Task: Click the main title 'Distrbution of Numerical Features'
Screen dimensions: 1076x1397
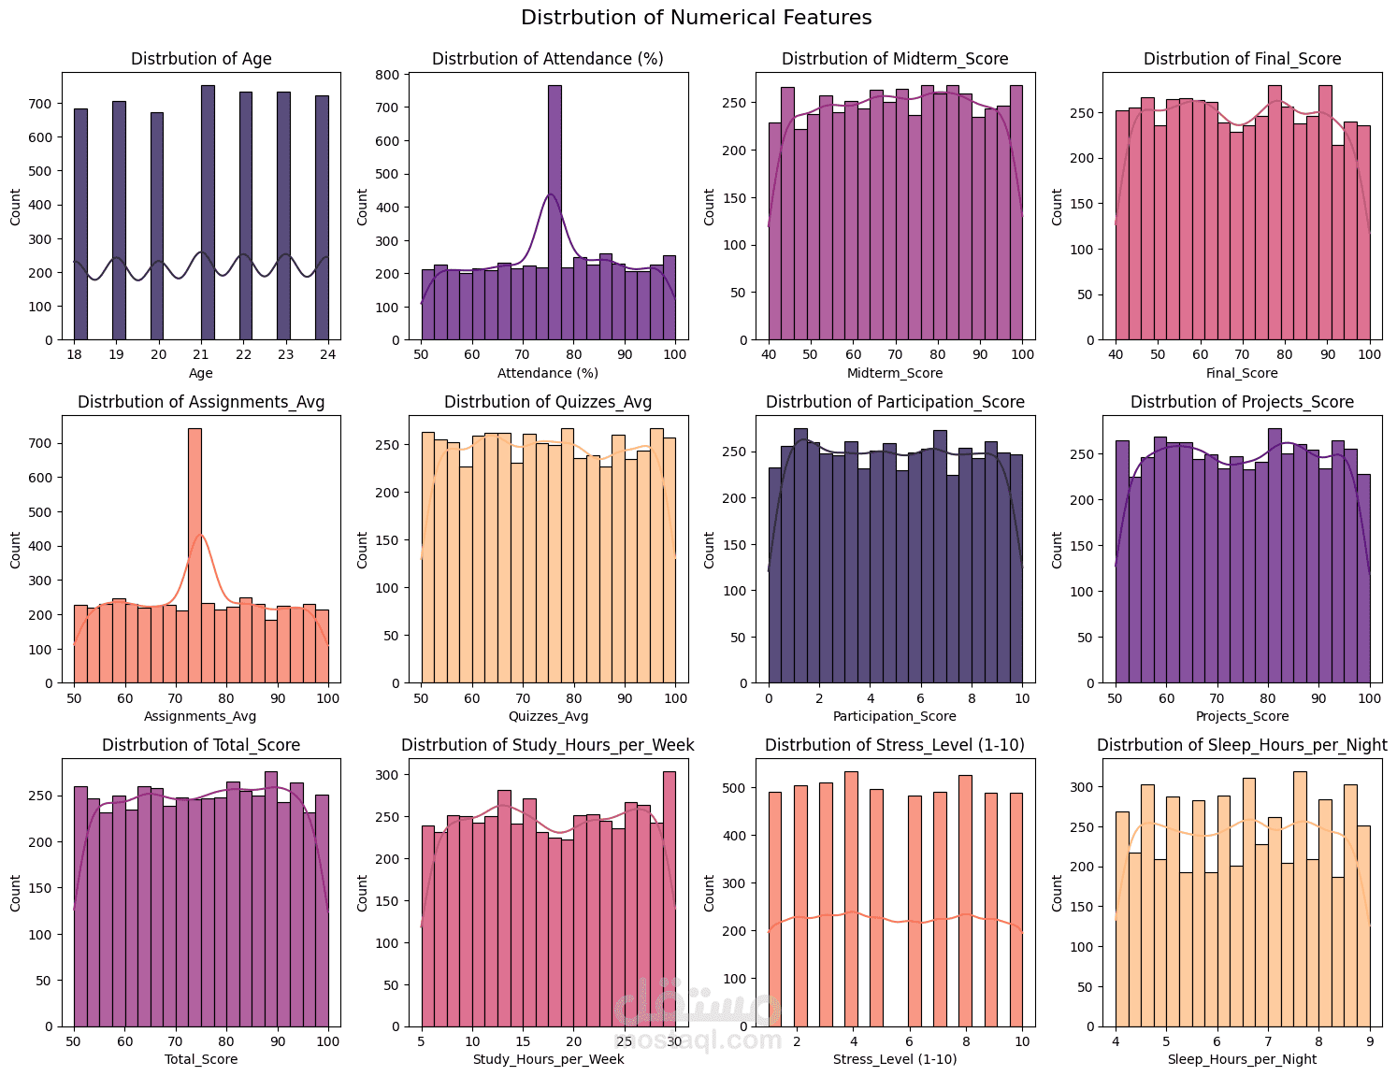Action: (696, 18)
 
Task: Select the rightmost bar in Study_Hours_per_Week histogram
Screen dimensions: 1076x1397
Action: (669, 898)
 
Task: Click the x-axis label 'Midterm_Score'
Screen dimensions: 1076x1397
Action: (894, 373)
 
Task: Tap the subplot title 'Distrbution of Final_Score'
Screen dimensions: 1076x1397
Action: (1242, 59)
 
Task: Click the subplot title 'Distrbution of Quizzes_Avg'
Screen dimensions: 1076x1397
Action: (547, 402)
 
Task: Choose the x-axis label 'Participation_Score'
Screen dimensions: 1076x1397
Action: (894, 716)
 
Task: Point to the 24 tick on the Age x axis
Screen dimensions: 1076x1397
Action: (322, 355)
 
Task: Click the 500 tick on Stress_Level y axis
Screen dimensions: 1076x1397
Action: (736, 788)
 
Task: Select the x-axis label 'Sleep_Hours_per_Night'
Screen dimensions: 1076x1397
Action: (1242, 1059)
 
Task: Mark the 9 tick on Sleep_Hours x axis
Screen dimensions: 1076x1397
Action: (1369, 1041)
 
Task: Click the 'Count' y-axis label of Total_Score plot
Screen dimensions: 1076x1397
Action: (15, 893)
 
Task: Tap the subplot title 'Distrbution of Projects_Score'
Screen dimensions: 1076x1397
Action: (1242, 402)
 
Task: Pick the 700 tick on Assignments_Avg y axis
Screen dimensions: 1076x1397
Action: (40, 443)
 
